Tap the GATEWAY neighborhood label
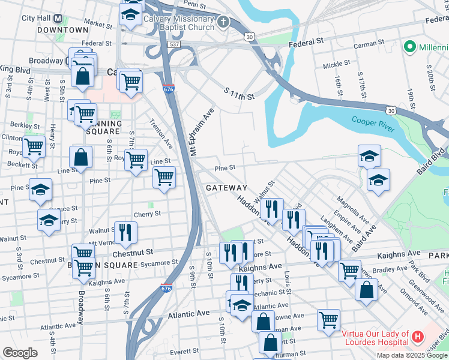pos(226,188)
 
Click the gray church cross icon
pos(223,23)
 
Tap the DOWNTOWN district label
pos(62,29)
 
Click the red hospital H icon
pos(418,339)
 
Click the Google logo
pos(19,353)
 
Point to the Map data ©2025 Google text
pos(412,355)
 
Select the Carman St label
pos(369,44)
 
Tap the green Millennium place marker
pos(411,46)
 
